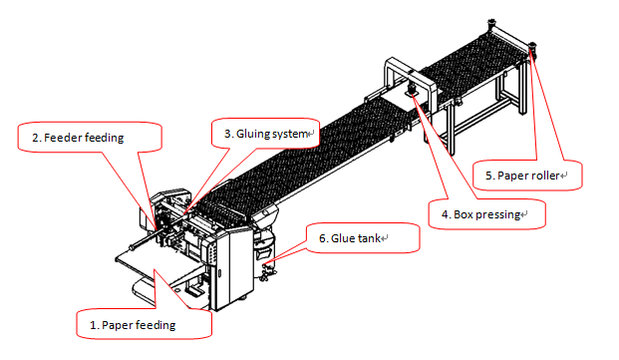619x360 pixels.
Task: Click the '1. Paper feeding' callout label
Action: [133, 325]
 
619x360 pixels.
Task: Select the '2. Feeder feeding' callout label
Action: [78, 138]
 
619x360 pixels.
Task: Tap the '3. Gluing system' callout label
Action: [266, 134]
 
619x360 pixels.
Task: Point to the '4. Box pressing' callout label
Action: [480, 214]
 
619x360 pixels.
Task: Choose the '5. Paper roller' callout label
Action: [522, 176]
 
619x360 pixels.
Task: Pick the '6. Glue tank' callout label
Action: [350, 238]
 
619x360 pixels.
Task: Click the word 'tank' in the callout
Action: [369, 238]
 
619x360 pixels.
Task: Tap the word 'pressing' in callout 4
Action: [498, 214]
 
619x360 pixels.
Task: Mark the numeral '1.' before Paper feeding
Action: [94, 325]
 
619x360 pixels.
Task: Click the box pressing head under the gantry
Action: [412, 91]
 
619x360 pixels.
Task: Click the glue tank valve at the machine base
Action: [268, 272]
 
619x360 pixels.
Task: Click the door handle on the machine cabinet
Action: [220, 273]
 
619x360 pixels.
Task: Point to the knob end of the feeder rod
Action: [131, 248]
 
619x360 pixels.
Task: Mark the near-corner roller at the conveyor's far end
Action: [531, 48]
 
